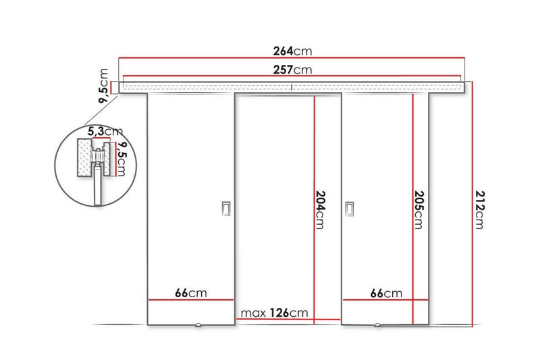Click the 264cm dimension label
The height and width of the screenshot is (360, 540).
(x=291, y=50)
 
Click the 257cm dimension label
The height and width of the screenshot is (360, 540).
(x=291, y=69)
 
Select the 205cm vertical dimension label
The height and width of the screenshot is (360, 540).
(x=419, y=209)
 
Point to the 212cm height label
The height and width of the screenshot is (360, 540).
(x=479, y=209)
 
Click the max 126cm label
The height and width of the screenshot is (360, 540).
(x=275, y=312)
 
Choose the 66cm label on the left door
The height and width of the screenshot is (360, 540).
(x=190, y=292)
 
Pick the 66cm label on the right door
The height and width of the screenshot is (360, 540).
(x=385, y=292)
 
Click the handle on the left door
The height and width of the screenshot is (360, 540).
(x=226, y=210)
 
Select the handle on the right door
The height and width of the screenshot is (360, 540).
(x=349, y=210)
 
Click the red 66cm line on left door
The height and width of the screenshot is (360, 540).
(x=190, y=299)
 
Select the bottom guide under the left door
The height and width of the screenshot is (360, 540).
(x=199, y=327)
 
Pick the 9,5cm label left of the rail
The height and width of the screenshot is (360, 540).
(x=104, y=85)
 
